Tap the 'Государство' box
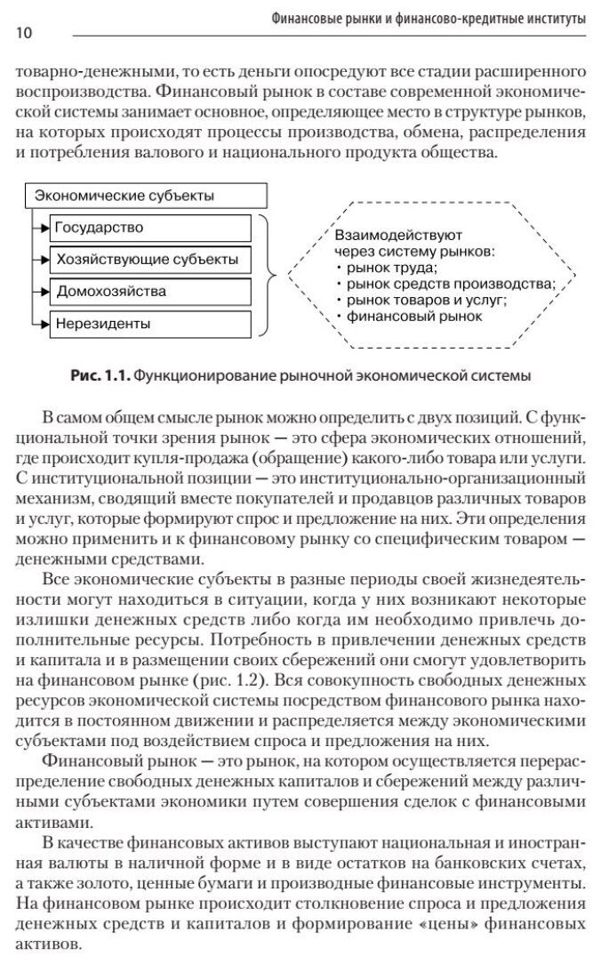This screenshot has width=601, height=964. pos(149,228)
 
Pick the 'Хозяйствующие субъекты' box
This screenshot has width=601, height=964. pos(149,260)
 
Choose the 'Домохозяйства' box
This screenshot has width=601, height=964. pos(149,292)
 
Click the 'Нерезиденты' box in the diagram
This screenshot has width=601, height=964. pos(149,324)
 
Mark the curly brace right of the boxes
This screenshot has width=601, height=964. pos(268,276)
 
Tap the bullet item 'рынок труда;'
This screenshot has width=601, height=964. pos(391,267)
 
